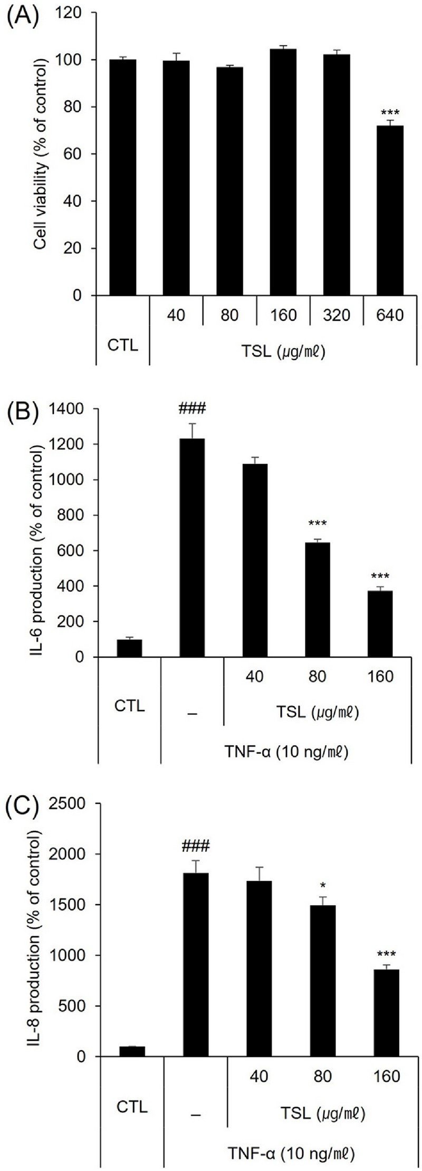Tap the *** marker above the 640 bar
pyautogui.click(x=390, y=113)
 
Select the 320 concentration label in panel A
pyautogui.click(x=337, y=315)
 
